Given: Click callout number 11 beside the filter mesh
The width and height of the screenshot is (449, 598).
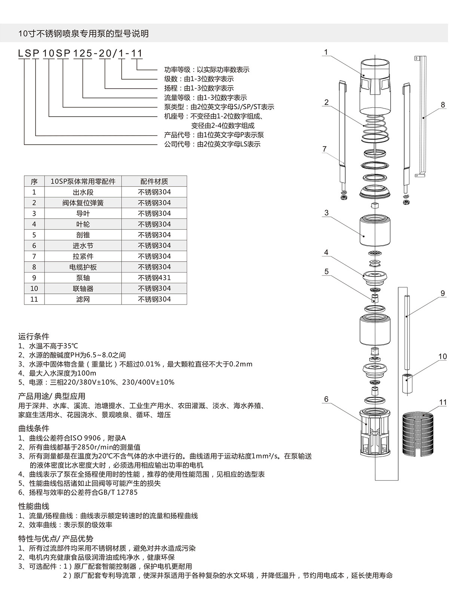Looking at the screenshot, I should point(443,403).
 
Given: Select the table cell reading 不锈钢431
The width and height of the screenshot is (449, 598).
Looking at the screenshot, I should point(154,278).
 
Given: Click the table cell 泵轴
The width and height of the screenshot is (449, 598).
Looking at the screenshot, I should point(83,278).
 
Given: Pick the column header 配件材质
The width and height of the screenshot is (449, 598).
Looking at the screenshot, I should point(154,181).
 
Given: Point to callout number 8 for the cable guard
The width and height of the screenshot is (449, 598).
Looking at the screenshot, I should point(443,105).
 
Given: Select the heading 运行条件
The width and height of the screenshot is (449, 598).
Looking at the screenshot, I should point(34,336).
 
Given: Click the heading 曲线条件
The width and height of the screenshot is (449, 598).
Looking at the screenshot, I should point(34,428).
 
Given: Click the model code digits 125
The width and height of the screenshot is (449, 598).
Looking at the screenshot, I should point(82,53).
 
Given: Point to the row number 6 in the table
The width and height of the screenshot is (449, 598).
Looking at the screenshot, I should point(34,246).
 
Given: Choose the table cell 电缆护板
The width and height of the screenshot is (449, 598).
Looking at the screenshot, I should point(83,267).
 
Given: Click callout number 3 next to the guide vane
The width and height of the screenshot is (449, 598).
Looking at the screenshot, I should point(326,213).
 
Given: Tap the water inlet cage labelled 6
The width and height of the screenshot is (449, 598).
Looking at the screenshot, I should point(375,434).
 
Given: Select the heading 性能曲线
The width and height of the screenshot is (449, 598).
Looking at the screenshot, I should point(34,506).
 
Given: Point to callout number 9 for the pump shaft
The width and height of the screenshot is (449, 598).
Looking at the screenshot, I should point(443,293).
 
